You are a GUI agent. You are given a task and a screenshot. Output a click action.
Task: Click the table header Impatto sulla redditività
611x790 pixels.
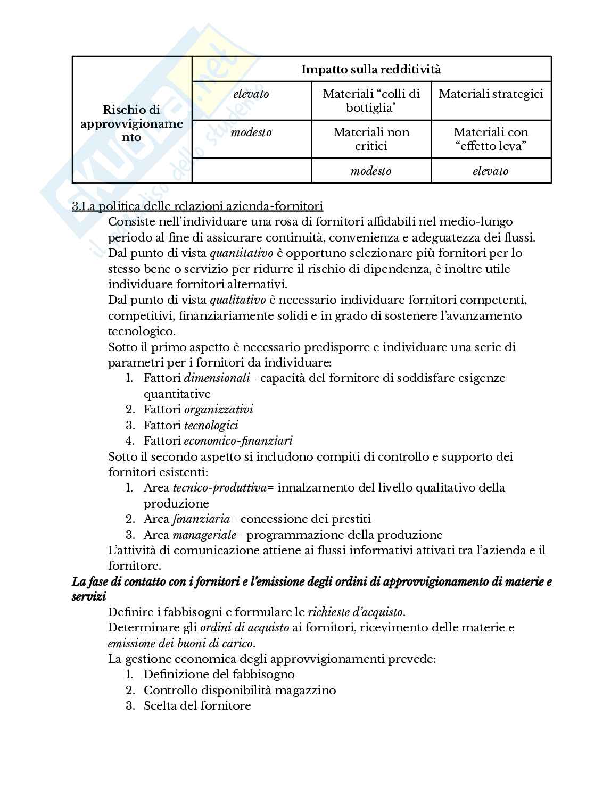[x=371, y=69]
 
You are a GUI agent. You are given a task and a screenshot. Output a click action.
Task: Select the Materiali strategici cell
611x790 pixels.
[x=491, y=95]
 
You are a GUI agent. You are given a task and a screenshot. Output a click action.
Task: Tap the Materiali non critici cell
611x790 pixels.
[x=371, y=139]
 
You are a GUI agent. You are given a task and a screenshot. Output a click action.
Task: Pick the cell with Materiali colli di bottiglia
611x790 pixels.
[x=371, y=101]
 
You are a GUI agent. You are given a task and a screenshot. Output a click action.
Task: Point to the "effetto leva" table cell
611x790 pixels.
[x=491, y=139]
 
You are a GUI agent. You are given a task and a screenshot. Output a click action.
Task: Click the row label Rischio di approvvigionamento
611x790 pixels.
[x=131, y=123]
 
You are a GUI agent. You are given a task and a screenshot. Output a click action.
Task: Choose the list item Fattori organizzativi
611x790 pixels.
[x=198, y=409]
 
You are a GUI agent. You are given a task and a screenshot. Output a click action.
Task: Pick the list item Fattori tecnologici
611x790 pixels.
[x=191, y=425]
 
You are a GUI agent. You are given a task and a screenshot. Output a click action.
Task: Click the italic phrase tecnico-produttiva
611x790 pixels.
[x=219, y=488]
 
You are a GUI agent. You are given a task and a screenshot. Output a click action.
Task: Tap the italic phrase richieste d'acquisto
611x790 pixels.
[x=355, y=612]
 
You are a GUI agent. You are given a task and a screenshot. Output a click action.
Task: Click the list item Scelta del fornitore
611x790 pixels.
[x=197, y=706]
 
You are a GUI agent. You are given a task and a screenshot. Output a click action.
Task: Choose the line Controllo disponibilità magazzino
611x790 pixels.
[x=240, y=690]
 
